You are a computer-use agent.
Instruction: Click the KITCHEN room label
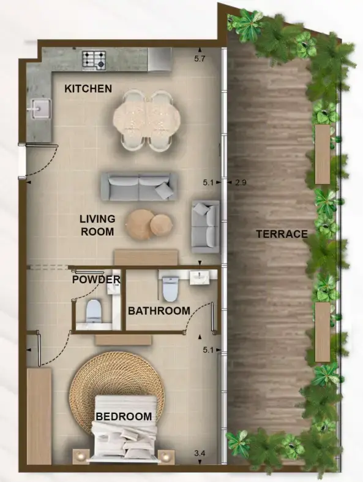(x=88, y=89)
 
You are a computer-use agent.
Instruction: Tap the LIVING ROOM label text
(x=97, y=225)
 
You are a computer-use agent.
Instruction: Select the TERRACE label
(x=282, y=234)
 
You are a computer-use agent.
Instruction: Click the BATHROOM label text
(x=159, y=311)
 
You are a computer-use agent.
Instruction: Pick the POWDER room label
(x=96, y=280)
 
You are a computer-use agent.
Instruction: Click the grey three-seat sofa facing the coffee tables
(x=138, y=186)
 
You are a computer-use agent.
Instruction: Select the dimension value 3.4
(x=200, y=453)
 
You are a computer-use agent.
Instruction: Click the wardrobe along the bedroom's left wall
(x=39, y=415)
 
